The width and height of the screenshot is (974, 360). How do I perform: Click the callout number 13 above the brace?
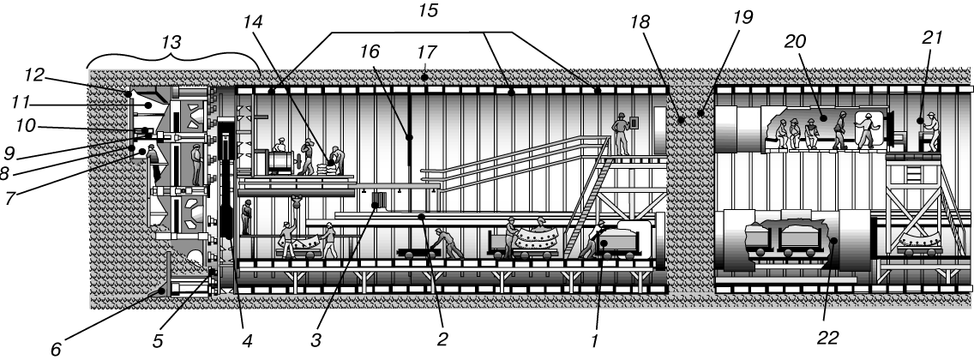(x=171, y=42)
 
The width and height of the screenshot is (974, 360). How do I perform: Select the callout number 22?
(x=828, y=338)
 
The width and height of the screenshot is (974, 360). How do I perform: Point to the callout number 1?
(x=594, y=341)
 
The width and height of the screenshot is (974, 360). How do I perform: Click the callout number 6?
(x=56, y=350)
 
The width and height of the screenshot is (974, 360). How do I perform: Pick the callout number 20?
(x=795, y=42)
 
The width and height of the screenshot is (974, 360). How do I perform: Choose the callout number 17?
(x=427, y=52)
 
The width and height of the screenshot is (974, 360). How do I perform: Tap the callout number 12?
(x=34, y=75)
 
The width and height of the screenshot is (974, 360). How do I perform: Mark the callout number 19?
(x=743, y=17)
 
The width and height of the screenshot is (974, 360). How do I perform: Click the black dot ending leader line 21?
(x=919, y=120)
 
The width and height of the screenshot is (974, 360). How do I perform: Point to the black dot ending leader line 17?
(x=424, y=78)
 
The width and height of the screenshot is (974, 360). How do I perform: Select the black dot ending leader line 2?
(x=422, y=217)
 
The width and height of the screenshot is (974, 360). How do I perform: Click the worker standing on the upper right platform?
(x=620, y=134)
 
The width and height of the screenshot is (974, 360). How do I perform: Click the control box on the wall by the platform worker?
(x=634, y=123)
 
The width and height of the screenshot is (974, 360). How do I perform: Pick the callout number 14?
(x=254, y=22)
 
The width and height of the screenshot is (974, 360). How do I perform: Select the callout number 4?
(x=247, y=341)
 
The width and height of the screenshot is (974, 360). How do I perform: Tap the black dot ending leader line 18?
(x=682, y=120)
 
